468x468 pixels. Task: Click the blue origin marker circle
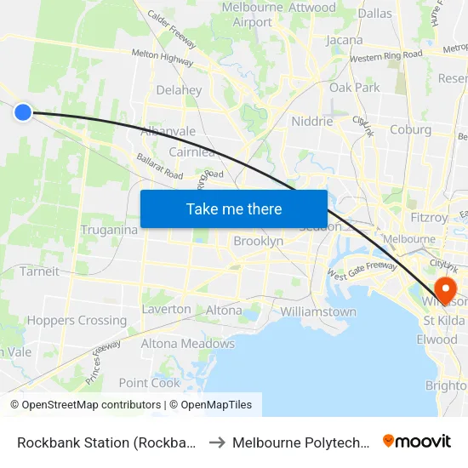(x=23, y=111)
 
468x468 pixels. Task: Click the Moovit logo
(x=416, y=442)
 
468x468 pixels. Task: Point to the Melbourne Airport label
(x=252, y=14)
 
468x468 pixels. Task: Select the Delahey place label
(x=179, y=90)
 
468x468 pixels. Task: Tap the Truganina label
(x=109, y=230)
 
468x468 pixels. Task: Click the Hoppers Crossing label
(x=77, y=321)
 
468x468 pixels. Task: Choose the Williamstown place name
(x=318, y=312)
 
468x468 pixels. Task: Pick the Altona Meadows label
(x=187, y=344)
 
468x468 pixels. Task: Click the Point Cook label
(x=150, y=383)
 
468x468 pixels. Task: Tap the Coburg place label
(x=410, y=130)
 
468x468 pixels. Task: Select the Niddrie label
(x=312, y=122)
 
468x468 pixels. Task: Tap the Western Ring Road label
(x=385, y=56)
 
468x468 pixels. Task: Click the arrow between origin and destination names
(x=216, y=442)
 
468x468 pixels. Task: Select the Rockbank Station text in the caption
(x=107, y=442)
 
